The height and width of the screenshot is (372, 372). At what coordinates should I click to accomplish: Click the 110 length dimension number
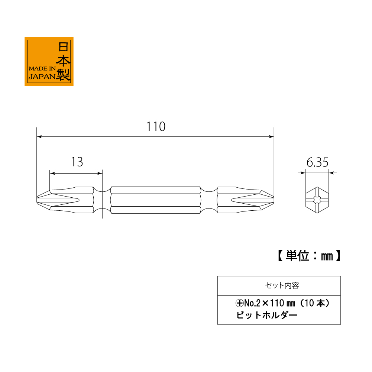156,126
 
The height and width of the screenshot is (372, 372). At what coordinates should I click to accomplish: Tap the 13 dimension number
77,162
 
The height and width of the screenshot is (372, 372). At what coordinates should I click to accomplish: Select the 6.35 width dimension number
317,162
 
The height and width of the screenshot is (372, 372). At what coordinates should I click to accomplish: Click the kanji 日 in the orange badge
63,47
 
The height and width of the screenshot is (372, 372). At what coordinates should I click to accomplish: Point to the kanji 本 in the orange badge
63,61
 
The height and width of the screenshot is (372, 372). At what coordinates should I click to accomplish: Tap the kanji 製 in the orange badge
63,75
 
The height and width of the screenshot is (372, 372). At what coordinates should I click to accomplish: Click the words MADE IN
42,68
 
